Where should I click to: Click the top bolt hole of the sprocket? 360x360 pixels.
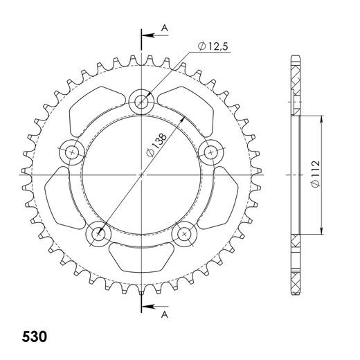tap(143, 102)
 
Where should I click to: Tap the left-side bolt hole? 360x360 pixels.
tap(72, 150)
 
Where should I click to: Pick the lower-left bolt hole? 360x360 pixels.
tap(98, 234)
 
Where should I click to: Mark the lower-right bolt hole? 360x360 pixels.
tap(185, 234)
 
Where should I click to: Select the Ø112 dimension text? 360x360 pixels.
tap(316, 176)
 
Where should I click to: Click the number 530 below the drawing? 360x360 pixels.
tap(34, 339)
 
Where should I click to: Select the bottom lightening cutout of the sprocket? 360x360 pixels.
tap(142, 260)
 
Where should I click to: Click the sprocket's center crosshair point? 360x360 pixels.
tap(142, 175)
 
